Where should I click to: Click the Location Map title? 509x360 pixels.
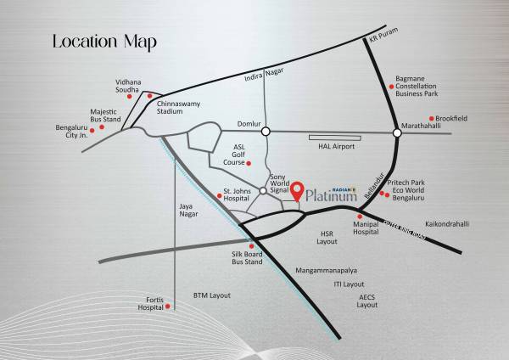(x=103, y=42)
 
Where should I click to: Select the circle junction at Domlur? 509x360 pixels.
(x=266, y=132)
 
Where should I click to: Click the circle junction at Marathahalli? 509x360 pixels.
(x=396, y=132)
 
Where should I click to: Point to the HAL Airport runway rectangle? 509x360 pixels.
(x=334, y=137)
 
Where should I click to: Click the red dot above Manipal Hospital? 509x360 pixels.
(x=361, y=216)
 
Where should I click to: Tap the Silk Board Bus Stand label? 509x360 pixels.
(x=249, y=258)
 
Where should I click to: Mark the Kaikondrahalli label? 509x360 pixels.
(x=447, y=224)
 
